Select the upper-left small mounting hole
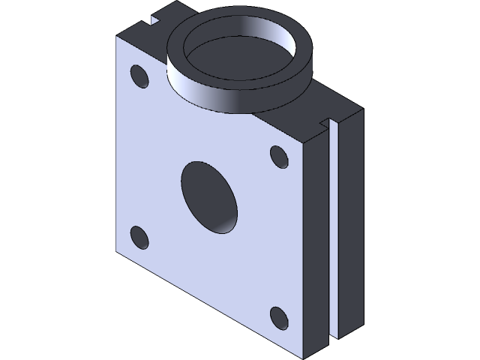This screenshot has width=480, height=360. point(139,76)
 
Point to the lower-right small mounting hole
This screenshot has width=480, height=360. point(278,318)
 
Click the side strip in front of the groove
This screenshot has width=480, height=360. point(318,240)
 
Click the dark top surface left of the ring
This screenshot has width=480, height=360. point(139,27)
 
